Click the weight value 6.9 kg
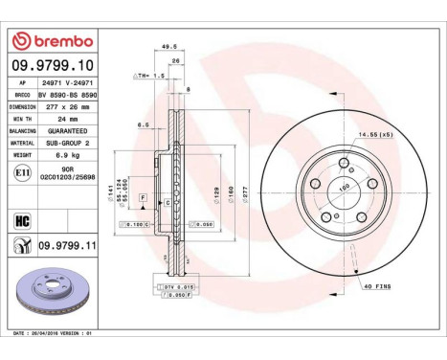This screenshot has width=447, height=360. (64, 152)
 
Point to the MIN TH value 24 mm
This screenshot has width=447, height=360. (59, 118)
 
